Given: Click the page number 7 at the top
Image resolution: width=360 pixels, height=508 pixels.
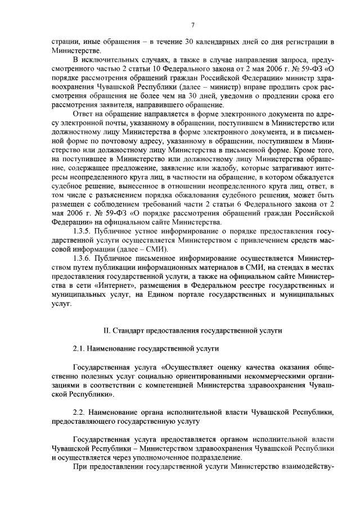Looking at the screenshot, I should (x=192, y=24).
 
